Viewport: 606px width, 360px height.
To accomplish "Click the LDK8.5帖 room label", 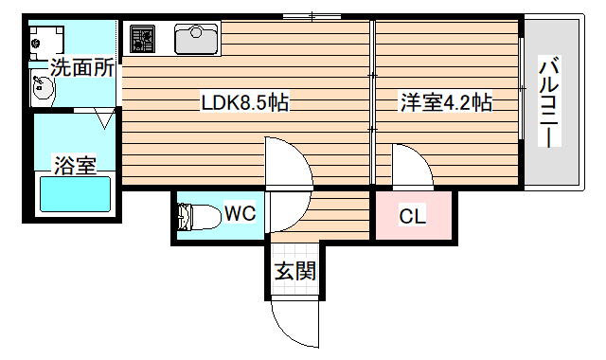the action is click(x=244, y=102).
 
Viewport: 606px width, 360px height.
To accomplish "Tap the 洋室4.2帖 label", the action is click(x=446, y=102).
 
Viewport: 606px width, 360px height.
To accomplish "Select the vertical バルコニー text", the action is click(x=548, y=102).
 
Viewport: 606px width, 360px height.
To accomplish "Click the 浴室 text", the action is click(x=74, y=166).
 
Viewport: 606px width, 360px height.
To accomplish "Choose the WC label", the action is click(x=240, y=214).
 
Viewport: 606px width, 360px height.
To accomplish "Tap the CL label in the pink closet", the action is click(x=412, y=216).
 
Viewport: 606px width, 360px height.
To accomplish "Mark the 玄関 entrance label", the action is click(x=294, y=272).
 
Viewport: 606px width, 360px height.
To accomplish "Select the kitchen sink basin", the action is click(x=196, y=39).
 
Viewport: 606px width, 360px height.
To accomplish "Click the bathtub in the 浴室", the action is click(x=74, y=195).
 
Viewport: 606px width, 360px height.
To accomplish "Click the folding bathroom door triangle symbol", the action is click(x=105, y=118).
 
